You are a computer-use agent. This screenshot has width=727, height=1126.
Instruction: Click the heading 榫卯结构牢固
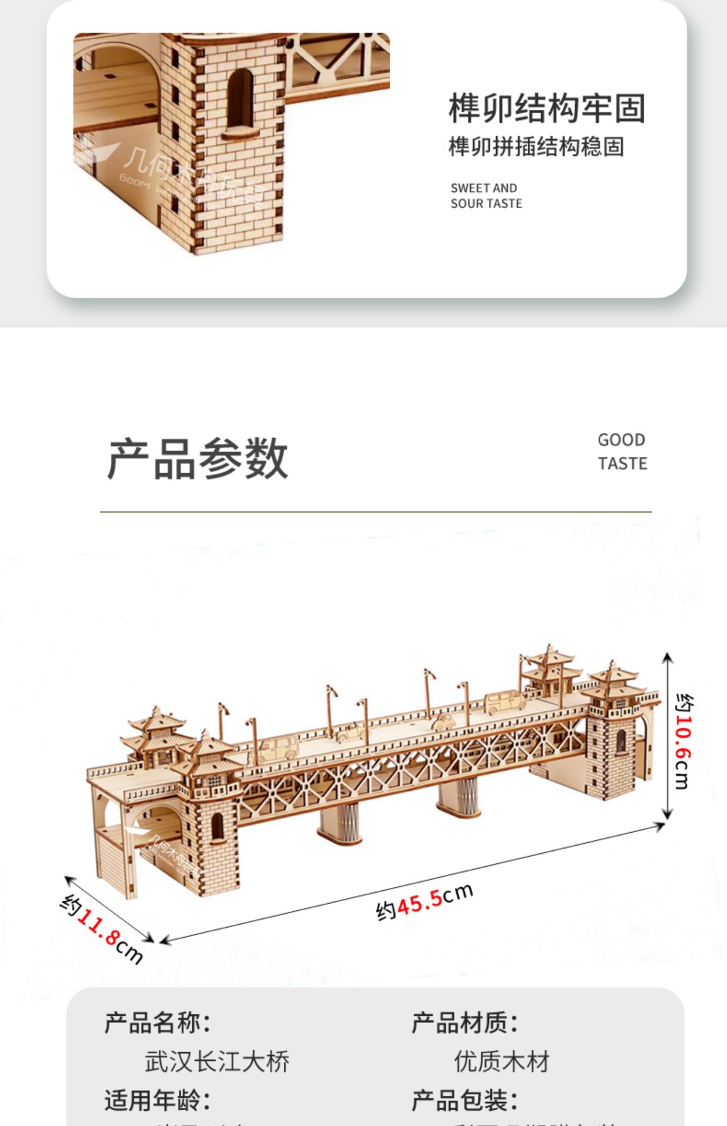(x=546, y=108)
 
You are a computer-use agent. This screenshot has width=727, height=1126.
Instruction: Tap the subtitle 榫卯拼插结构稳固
(x=536, y=147)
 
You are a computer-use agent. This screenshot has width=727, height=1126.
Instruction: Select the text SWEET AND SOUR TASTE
(x=486, y=196)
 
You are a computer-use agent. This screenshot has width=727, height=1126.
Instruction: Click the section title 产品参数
(x=198, y=459)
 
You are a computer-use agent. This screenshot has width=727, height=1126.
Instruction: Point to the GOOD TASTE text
(x=622, y=452)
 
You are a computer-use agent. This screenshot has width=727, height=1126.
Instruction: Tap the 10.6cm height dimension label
(x=684, y=741)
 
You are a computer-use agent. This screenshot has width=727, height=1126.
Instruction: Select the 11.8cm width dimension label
(x=102, y=929)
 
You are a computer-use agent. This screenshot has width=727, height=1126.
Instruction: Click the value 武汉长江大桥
(x=217, y=1061)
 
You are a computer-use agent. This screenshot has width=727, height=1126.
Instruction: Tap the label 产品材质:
(x=464, y=1023)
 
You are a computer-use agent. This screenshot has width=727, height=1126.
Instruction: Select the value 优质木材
(x=502, y=1061)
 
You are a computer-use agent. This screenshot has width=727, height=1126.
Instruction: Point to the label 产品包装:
(x=464, y=1100)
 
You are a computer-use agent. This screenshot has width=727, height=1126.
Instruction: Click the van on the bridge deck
(x=504, y=703)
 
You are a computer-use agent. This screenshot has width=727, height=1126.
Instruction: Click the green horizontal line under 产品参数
(x=375, y=512)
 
